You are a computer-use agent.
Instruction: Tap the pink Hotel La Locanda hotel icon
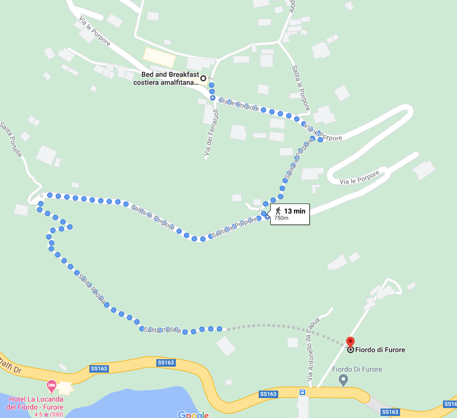(x=51, y=386)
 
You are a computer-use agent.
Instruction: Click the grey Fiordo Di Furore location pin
(x=343, y=380)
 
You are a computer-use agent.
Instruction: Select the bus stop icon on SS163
(x=302, y=392)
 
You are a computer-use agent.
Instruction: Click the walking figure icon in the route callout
(x=278, y=211)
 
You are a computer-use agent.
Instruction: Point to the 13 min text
(x=295, y=211)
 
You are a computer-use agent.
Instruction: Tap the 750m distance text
(x=281, y=218)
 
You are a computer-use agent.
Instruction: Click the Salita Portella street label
(x=11, y=139)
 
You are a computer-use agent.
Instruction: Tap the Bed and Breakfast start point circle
(x=203, y=78)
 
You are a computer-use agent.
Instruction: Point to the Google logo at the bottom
(x=193, y=415)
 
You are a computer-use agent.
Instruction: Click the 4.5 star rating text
(x=48, y=414)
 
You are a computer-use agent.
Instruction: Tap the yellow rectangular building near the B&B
(x=159, y=57)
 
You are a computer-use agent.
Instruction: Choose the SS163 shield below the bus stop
(x=391, y=412)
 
